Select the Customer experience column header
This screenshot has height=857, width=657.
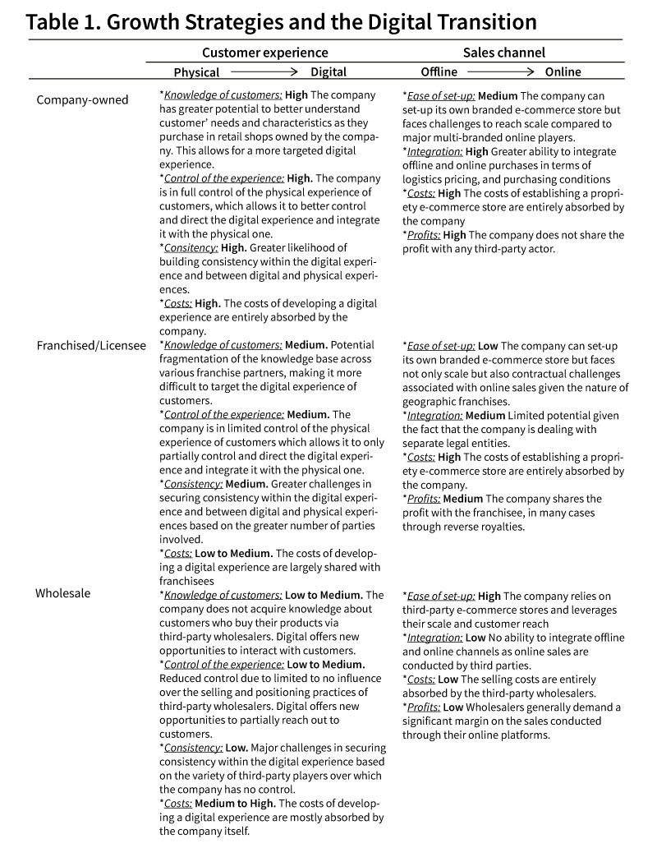264,53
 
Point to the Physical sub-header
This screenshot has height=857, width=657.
196,72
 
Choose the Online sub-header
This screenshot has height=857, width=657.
563,72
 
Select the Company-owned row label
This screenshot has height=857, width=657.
82,100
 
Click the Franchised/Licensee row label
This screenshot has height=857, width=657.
91,345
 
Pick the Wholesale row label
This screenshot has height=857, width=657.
62,593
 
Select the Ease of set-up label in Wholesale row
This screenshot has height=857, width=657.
439,596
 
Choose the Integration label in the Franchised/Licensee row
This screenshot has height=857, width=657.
433,415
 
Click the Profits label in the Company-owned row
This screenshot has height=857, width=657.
422,235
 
